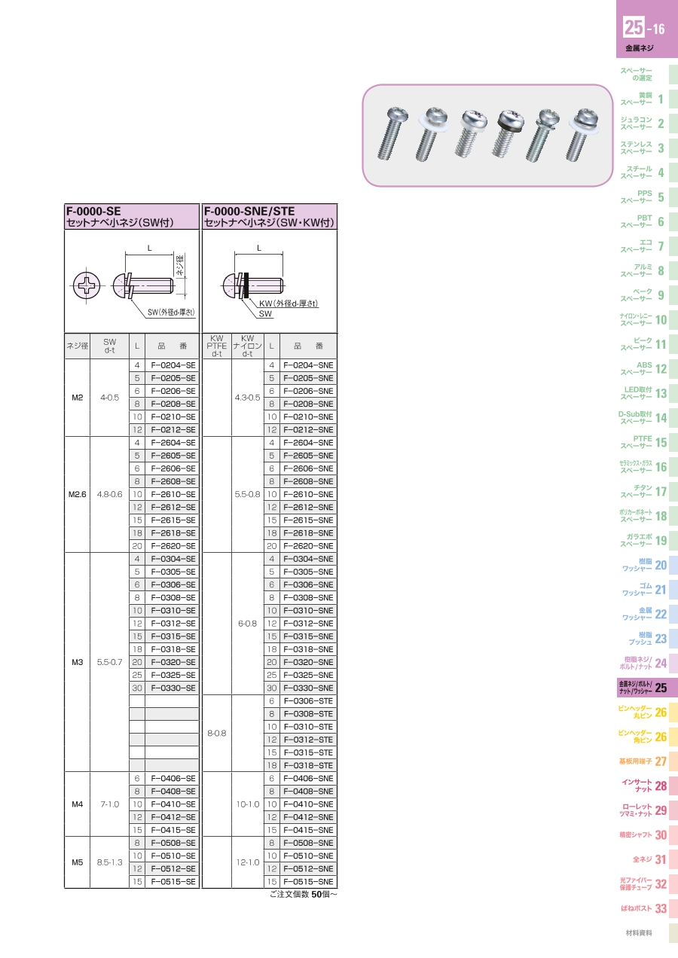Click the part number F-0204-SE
pos(173,365)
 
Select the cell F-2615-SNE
pos(308,520)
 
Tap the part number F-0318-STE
pos(308,765)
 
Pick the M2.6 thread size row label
pos(77,494)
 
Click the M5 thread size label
pos(77,862)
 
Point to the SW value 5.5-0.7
pos(109,662)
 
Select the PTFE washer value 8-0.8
pos(216,733)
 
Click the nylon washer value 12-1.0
pos(248,862)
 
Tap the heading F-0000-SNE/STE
pos(249,212)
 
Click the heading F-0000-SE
pos(93,212)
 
